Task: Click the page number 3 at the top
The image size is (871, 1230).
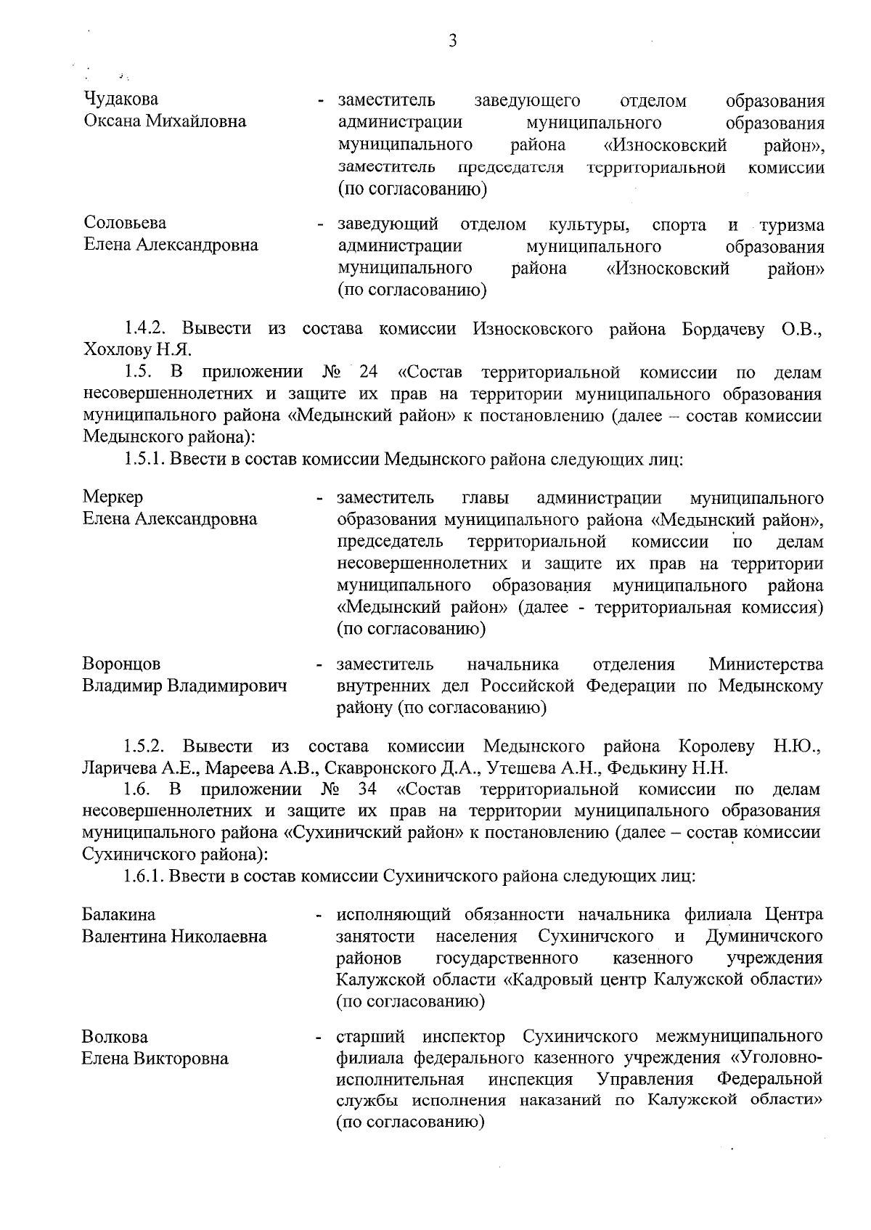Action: [452, 41]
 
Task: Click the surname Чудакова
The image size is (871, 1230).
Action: [120, 99]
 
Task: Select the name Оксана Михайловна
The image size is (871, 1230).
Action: [165, 121]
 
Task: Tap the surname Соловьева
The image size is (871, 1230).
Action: [124, 223]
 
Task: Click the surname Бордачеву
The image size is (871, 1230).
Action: [723, 328]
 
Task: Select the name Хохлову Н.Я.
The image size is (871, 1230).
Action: [137, 350]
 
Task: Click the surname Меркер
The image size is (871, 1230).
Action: [113, 497]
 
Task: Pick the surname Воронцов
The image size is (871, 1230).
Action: [121, 664]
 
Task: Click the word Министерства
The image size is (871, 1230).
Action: [766, 664]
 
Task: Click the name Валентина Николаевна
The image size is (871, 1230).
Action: [174, 936]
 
